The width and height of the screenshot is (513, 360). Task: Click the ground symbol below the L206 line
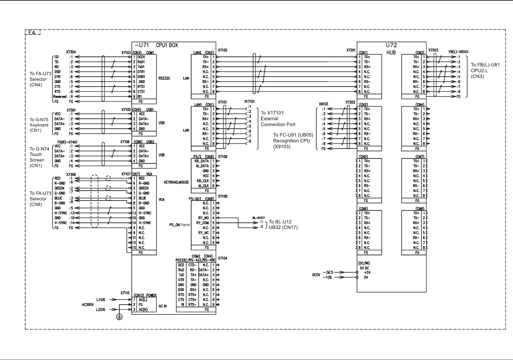coord(119,317)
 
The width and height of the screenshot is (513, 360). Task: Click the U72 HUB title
coord(391,49)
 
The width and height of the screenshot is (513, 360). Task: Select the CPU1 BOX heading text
coord(167,45)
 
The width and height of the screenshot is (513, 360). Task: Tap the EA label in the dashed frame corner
coord(32,33)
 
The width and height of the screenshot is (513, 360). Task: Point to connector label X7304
coord(71,52)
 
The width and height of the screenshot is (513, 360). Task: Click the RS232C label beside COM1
coord(164,78)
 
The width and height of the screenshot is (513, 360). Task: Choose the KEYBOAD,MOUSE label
coord(176,182)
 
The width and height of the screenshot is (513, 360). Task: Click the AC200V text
coord(88,305)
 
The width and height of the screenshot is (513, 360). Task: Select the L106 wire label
coord(101,299)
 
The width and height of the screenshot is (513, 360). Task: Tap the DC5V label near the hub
coord(316,275)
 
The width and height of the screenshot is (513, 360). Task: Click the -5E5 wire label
coord(328,272)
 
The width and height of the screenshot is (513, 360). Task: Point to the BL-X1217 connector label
coord(259,218)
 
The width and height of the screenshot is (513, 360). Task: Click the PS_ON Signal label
coord(180,225)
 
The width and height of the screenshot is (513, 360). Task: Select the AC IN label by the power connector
coord(162,306)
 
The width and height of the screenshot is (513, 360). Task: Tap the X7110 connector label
coord(125,293)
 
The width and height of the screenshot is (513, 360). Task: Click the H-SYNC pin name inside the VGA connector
coord(145,213)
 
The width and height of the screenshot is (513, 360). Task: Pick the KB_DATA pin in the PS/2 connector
coord(201,161)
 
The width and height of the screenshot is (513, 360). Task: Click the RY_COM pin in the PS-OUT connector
coord(202,223)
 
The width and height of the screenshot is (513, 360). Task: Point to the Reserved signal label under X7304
coord(60,97)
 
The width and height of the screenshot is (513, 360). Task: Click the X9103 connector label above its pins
coord(324,104)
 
